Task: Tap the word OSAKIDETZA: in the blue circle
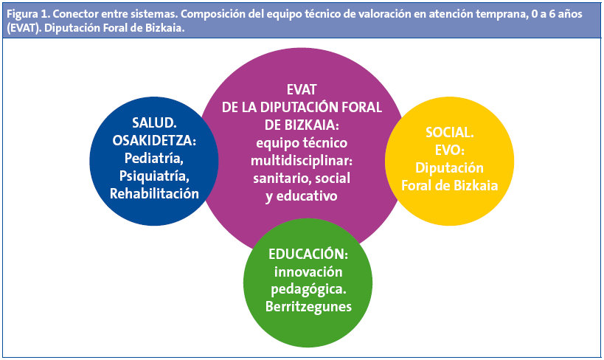(155, 140)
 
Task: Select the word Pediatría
(154, 158)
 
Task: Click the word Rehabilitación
(155, 193)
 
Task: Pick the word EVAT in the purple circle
(301, 89)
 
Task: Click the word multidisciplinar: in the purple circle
(301, 160)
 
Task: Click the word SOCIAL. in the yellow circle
(449, 133)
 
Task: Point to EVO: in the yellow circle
(449, 150)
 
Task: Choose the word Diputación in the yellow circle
(449, 167)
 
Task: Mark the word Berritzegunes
(308, 307)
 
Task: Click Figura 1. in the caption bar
(27, 10)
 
